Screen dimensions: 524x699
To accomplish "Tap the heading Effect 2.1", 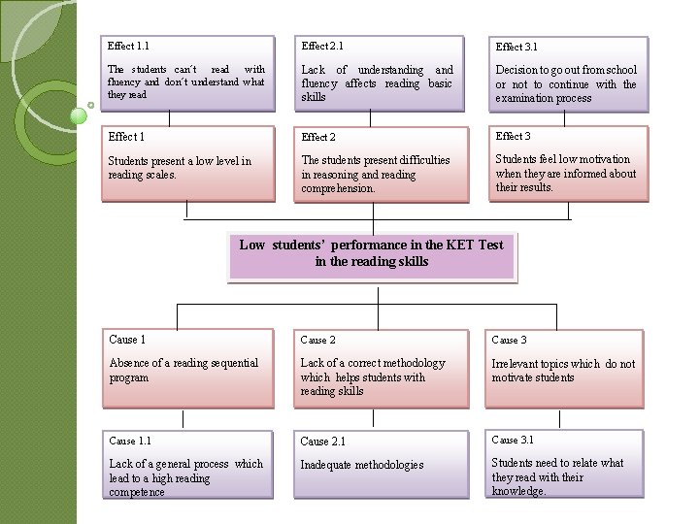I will click(322, 46).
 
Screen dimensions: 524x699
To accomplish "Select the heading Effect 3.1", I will click(516, 47).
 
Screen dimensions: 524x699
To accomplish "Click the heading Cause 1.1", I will click(130, 441).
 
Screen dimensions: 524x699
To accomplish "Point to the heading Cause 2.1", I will click(322, 442).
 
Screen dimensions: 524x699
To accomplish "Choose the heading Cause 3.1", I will click(513, 440).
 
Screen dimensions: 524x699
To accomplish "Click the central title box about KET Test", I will click(371, 253).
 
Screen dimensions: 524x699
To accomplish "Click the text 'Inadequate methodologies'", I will click(362, 465).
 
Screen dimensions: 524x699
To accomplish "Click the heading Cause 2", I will click(318, 340).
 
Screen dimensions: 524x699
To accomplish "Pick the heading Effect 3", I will click(513, 136).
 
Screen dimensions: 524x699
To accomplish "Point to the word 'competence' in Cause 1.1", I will click(137, 492).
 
